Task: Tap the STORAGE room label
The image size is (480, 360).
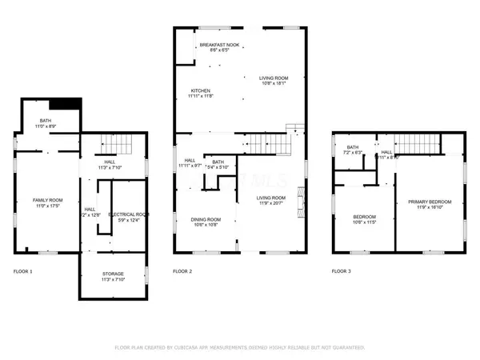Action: pyautogui.click(x=112, y=274)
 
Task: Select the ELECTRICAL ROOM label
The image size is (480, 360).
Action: pyautogui.click(x=130, y=214)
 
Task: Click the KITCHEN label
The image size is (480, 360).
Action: pyautogui.click(x=200, y=90)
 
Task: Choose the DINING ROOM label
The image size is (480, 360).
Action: pyautogui.click(x=206, y=219)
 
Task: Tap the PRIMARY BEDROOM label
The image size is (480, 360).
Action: pyautogui.click(x=430, y=201)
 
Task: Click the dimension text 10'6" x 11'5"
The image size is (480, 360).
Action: pyautogui.click(x=365, y=223)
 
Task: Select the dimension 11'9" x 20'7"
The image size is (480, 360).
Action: pyautogui.click(x=270, y=203)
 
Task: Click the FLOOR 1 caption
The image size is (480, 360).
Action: pyautogui.click(x=23, y=272)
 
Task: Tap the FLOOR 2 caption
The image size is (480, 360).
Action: pyautogui.click(x=183, y=272)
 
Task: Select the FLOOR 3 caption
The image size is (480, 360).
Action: pyautogui.click(x=343, y=272)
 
